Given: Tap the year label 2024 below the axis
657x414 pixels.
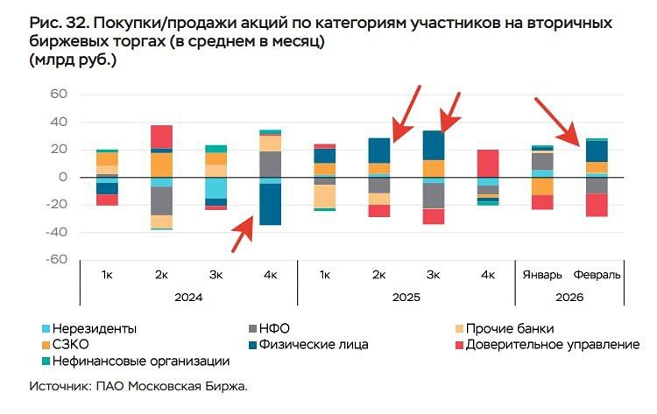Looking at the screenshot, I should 188,296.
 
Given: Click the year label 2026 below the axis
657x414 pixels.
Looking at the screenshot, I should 570,296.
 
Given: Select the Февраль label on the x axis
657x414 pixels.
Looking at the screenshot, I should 597,275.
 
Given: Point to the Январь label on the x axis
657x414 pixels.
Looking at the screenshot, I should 543,275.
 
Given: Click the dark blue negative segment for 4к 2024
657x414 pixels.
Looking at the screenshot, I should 270,204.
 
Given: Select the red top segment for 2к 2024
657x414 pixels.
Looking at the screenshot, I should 161,137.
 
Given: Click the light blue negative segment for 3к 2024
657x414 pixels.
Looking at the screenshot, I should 215,188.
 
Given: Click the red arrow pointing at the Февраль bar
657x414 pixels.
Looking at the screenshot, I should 558,122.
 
